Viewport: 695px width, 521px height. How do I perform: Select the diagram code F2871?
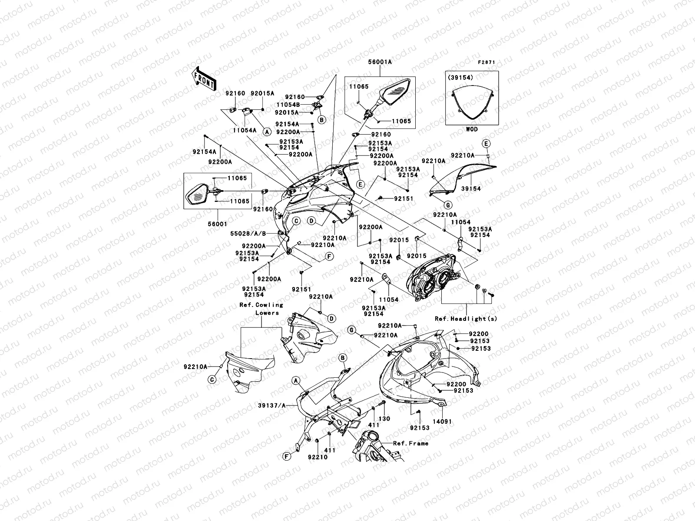486,63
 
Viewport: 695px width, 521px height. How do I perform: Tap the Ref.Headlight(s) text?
466,319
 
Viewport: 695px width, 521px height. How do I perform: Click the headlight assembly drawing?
434,278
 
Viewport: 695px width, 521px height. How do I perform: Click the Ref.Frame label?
410,443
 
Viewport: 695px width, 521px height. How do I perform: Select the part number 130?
385,419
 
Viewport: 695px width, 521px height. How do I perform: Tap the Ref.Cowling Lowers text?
261,309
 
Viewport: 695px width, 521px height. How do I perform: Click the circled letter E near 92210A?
486,144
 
